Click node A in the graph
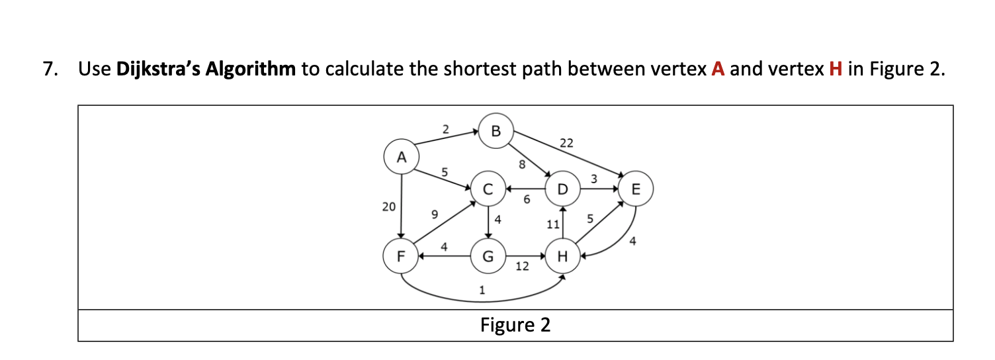(x=400, y=157)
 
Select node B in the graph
(x=496, y=130)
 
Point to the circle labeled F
(x=400, y=256)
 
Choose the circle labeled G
(x=488, y=256)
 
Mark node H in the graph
(x=562, y=256)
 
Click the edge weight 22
(x=567, y=143)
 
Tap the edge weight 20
(x=389, y=207)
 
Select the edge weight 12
(x=522, y=267)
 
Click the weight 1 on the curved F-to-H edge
(x=482, y=290)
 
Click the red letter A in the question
(x=718, y=69)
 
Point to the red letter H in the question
(x=836, y=69)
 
